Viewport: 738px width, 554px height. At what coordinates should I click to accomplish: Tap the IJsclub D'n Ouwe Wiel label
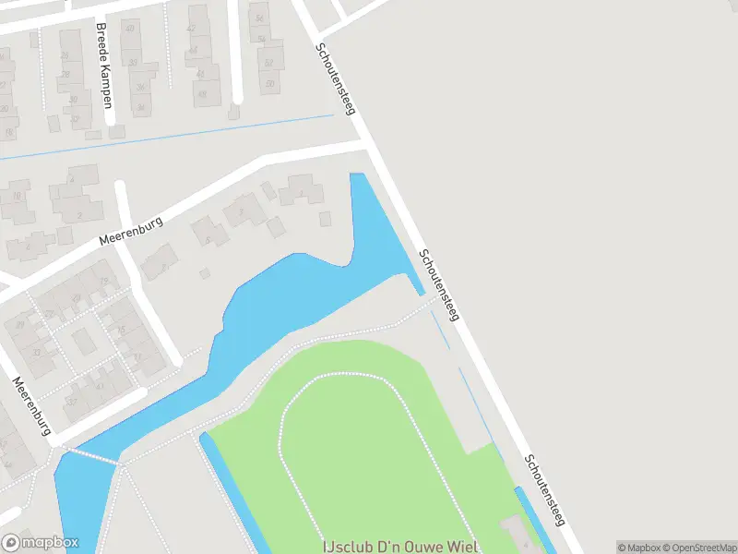tap(400, 547)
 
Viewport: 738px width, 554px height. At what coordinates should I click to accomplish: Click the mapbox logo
tap(40, 543)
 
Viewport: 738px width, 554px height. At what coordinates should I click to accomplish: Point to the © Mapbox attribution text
tap(637, 548)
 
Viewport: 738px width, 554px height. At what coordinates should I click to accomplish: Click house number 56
tap(260, 18)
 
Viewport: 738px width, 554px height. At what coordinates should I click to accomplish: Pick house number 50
tap(269, 85)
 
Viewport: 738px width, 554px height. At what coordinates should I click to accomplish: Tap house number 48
tap(202, 94)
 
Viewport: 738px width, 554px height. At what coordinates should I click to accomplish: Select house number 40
tap(129, 29)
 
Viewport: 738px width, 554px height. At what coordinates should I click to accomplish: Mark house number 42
tap(192, 29)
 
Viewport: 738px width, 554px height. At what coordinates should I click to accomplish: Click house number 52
tap(268, 63)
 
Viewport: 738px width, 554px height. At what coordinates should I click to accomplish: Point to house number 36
tap(141, 88)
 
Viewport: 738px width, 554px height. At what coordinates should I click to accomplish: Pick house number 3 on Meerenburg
tap(240, 211)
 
